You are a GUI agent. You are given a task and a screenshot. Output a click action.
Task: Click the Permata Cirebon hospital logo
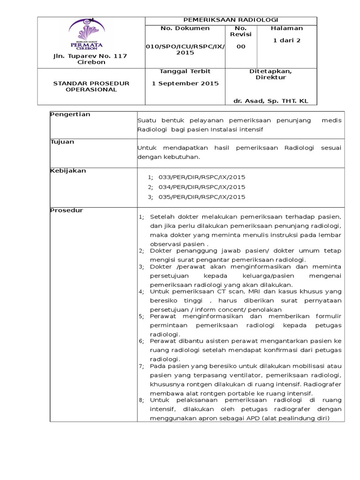[x=87, y=34]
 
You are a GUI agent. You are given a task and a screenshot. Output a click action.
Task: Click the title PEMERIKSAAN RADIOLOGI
[x=232, y=20]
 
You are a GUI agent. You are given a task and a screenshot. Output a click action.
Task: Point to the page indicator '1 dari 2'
[x=287, y=41]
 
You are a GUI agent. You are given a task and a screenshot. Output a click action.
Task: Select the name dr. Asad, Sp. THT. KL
[x=270, y=101]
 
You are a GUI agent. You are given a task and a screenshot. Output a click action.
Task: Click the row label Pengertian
[x=70, y=115]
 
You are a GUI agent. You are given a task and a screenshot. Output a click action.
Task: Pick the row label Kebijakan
[x=68, y=171]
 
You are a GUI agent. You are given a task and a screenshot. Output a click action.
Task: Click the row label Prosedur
[x=67, y=210]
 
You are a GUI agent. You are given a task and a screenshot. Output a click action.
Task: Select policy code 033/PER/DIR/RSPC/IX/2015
[x=202, y=177]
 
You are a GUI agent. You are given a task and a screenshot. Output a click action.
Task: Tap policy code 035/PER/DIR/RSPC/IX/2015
[x=202, y=197]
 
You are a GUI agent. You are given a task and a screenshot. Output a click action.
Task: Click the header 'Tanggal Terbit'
[x=179, y=71]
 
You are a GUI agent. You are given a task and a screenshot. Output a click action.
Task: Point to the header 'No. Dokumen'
[x=179, y=29]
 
